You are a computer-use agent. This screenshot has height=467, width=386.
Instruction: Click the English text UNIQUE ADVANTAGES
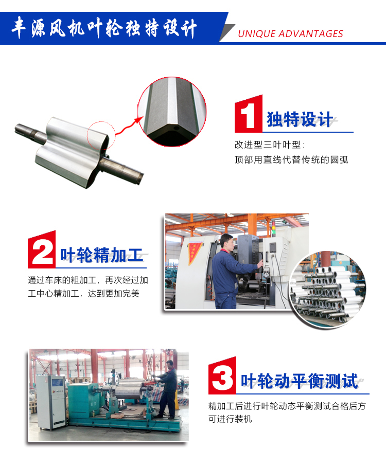coord(290,34)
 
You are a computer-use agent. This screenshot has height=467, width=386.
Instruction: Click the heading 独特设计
coord(300,119)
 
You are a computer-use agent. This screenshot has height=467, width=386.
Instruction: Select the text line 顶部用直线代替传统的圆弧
coord(291,159)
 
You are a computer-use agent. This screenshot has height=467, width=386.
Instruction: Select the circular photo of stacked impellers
coord(327,290)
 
